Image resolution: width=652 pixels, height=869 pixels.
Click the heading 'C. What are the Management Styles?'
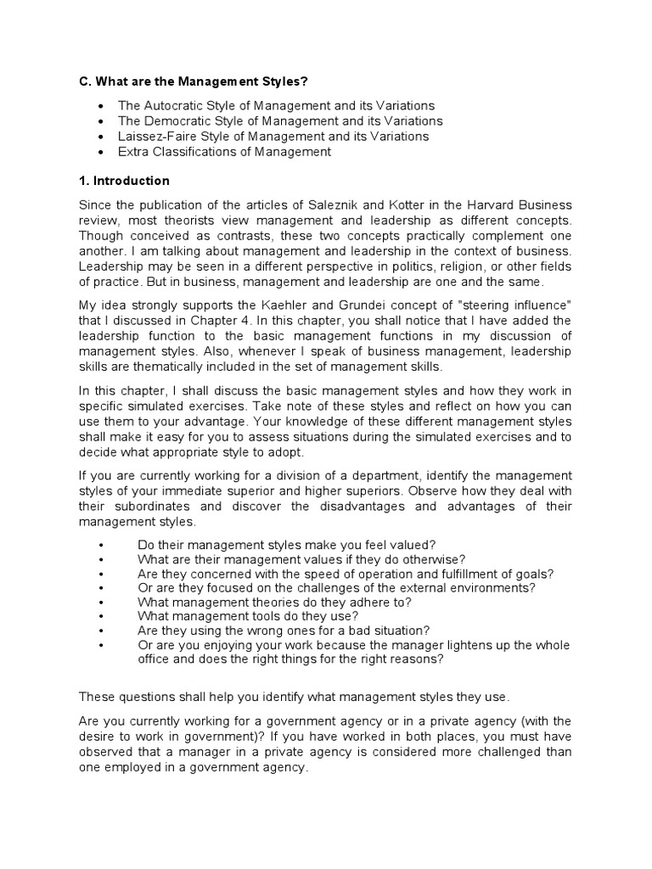point(193,81)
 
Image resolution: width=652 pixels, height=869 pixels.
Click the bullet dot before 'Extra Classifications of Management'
point(101,153)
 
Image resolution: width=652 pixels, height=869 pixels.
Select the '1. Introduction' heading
point(124,181)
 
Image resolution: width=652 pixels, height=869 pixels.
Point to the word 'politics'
point(435,266)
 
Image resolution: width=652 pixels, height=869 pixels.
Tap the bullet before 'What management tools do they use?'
point(101,615)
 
